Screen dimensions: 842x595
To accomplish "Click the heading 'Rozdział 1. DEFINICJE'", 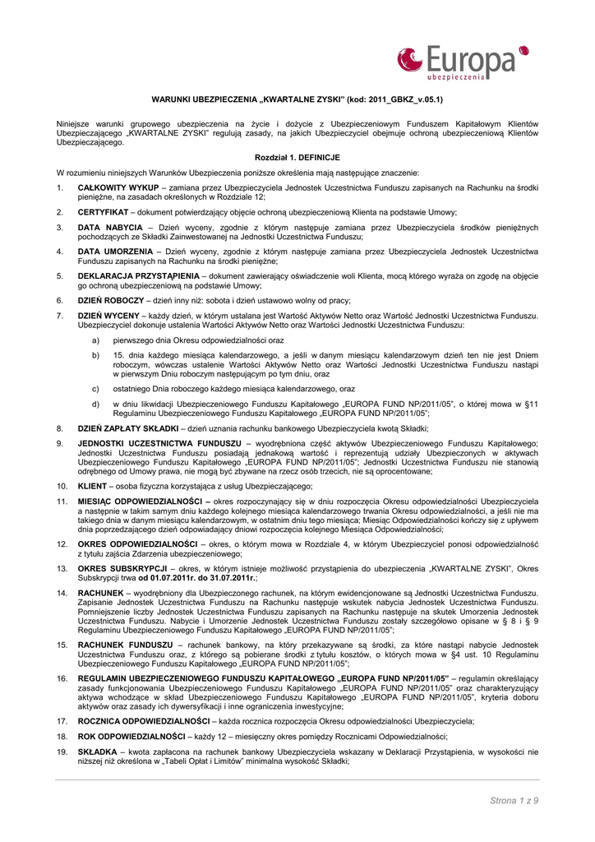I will click(x=297, y=157).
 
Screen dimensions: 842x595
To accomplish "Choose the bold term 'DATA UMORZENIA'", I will click(x=115, y=251).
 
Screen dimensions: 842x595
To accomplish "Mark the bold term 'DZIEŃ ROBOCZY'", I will click(x=111, y=300).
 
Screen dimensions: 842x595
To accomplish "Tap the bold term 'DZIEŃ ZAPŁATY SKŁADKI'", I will click(x=128, y=428).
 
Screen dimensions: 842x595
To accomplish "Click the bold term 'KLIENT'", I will click(x=93, y=486).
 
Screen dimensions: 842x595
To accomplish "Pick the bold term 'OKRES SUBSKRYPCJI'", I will click(x=122, y=567).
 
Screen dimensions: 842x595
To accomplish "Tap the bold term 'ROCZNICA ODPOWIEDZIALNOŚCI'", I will click(x=144, y=720).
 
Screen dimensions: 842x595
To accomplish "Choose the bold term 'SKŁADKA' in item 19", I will click(x=98, y=752).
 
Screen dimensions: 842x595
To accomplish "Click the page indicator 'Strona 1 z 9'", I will click(x=514, y=800).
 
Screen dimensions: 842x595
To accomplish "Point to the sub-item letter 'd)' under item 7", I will click(x=96, y=404).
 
